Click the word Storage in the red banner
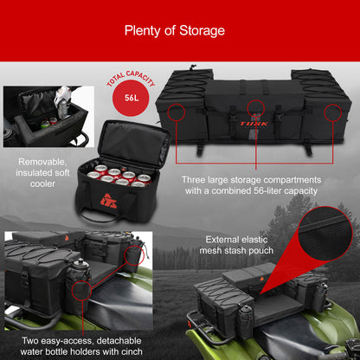tap(202, 30)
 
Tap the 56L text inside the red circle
tap(132, 98)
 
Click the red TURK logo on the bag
tap(254, 124)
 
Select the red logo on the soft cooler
tap(109, 201)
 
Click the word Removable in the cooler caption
tap(42, 162)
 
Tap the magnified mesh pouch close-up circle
tap(325, 233)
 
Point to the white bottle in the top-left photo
tap(62, 102)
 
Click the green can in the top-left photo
tap(45, 125)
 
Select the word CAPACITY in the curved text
tap(140, 77)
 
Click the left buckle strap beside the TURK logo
tap(233, 120)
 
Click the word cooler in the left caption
tap(42, 183)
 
